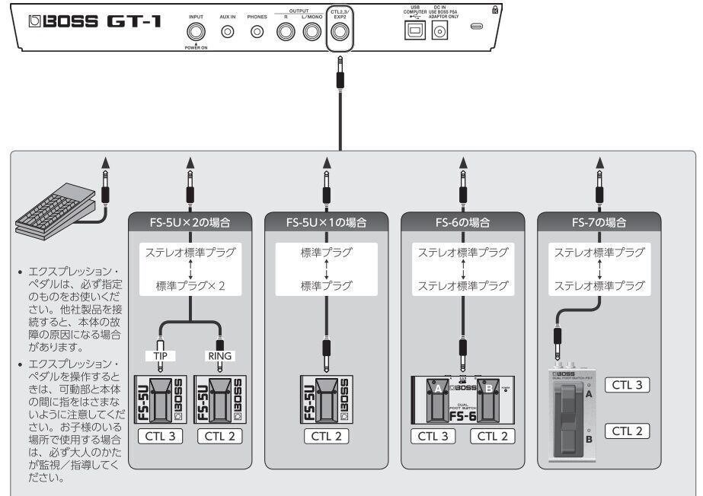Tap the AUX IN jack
click(x=227, y=32)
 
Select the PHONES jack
click(x=257, y=32)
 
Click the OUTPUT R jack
click(x=286, y=32)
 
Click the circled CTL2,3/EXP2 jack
click(x=339, y=32)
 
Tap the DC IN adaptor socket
click(x=439, y=31)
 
